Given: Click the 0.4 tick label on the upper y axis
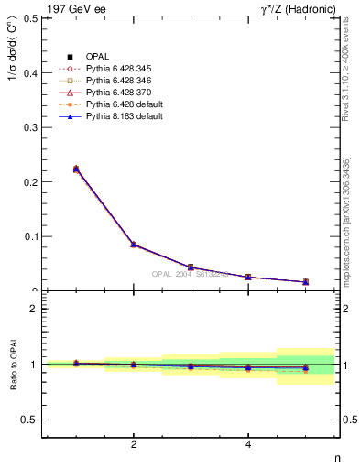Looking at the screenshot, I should pyautogui.click(x=30, y=72).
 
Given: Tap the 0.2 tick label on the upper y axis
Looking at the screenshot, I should pyautogui.click(x=30, y=182).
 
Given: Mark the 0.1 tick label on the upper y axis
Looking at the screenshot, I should pyautogui.click(x=30, y=236).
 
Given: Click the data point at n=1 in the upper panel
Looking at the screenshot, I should pyautogui.click(x=76, y=169).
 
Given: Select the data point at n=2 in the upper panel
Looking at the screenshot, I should pyautogui.click(x=134, y=245).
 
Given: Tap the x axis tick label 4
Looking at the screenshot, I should pyautogui.click(x=248, y=445).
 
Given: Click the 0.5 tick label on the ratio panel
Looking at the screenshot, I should pyautogui.click(x=30, y=420).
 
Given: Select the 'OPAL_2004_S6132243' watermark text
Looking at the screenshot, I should pyautogui.click(x=191, y=274).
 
